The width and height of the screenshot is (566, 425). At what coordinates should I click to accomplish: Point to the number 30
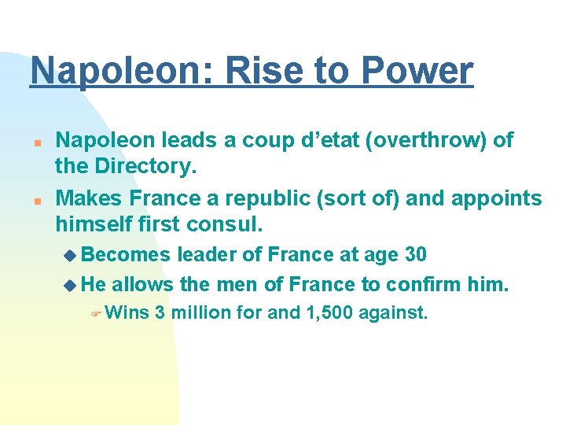[415, 255]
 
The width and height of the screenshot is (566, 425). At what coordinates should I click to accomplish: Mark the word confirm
[416, 283]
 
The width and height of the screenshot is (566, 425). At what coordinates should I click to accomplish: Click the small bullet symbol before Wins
[95, 313]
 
